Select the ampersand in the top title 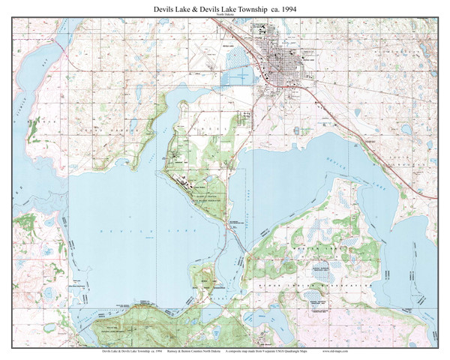[x=186, y=7]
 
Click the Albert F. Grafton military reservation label [x=202, y=196]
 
